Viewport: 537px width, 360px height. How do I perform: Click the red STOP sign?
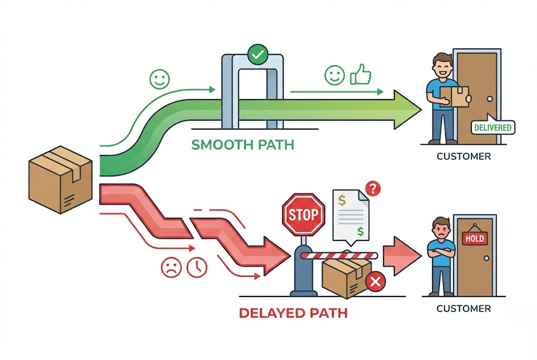pyautogui.click(x=303, y=214)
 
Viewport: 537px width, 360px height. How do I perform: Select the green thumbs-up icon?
pyautogui.click(x=360, y=76)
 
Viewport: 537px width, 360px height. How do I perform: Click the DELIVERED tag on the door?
pyautogui.click(x=492, y=127)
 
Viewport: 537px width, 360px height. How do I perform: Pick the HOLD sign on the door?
pyautogui.click(x=473, y=238)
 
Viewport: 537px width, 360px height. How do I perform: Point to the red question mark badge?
pyautogui.click(x=372, y=188)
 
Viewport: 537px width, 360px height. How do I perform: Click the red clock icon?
pyautogui.click(x=198, y=267)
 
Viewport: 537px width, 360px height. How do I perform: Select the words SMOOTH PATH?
pyautogui.click(x=243, y=144)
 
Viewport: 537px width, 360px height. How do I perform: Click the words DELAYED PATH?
pyautogui.click(x=293, y=313)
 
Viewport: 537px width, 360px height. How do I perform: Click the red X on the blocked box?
pyautogui.click(x=375, y=282)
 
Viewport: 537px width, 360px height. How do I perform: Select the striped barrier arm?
pyautogui.click(x=339, y=256)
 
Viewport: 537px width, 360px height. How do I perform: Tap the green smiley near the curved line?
pyautogui.click(x=160, y=79)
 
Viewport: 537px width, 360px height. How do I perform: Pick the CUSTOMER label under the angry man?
pyautogui.click(x=464, y=308)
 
